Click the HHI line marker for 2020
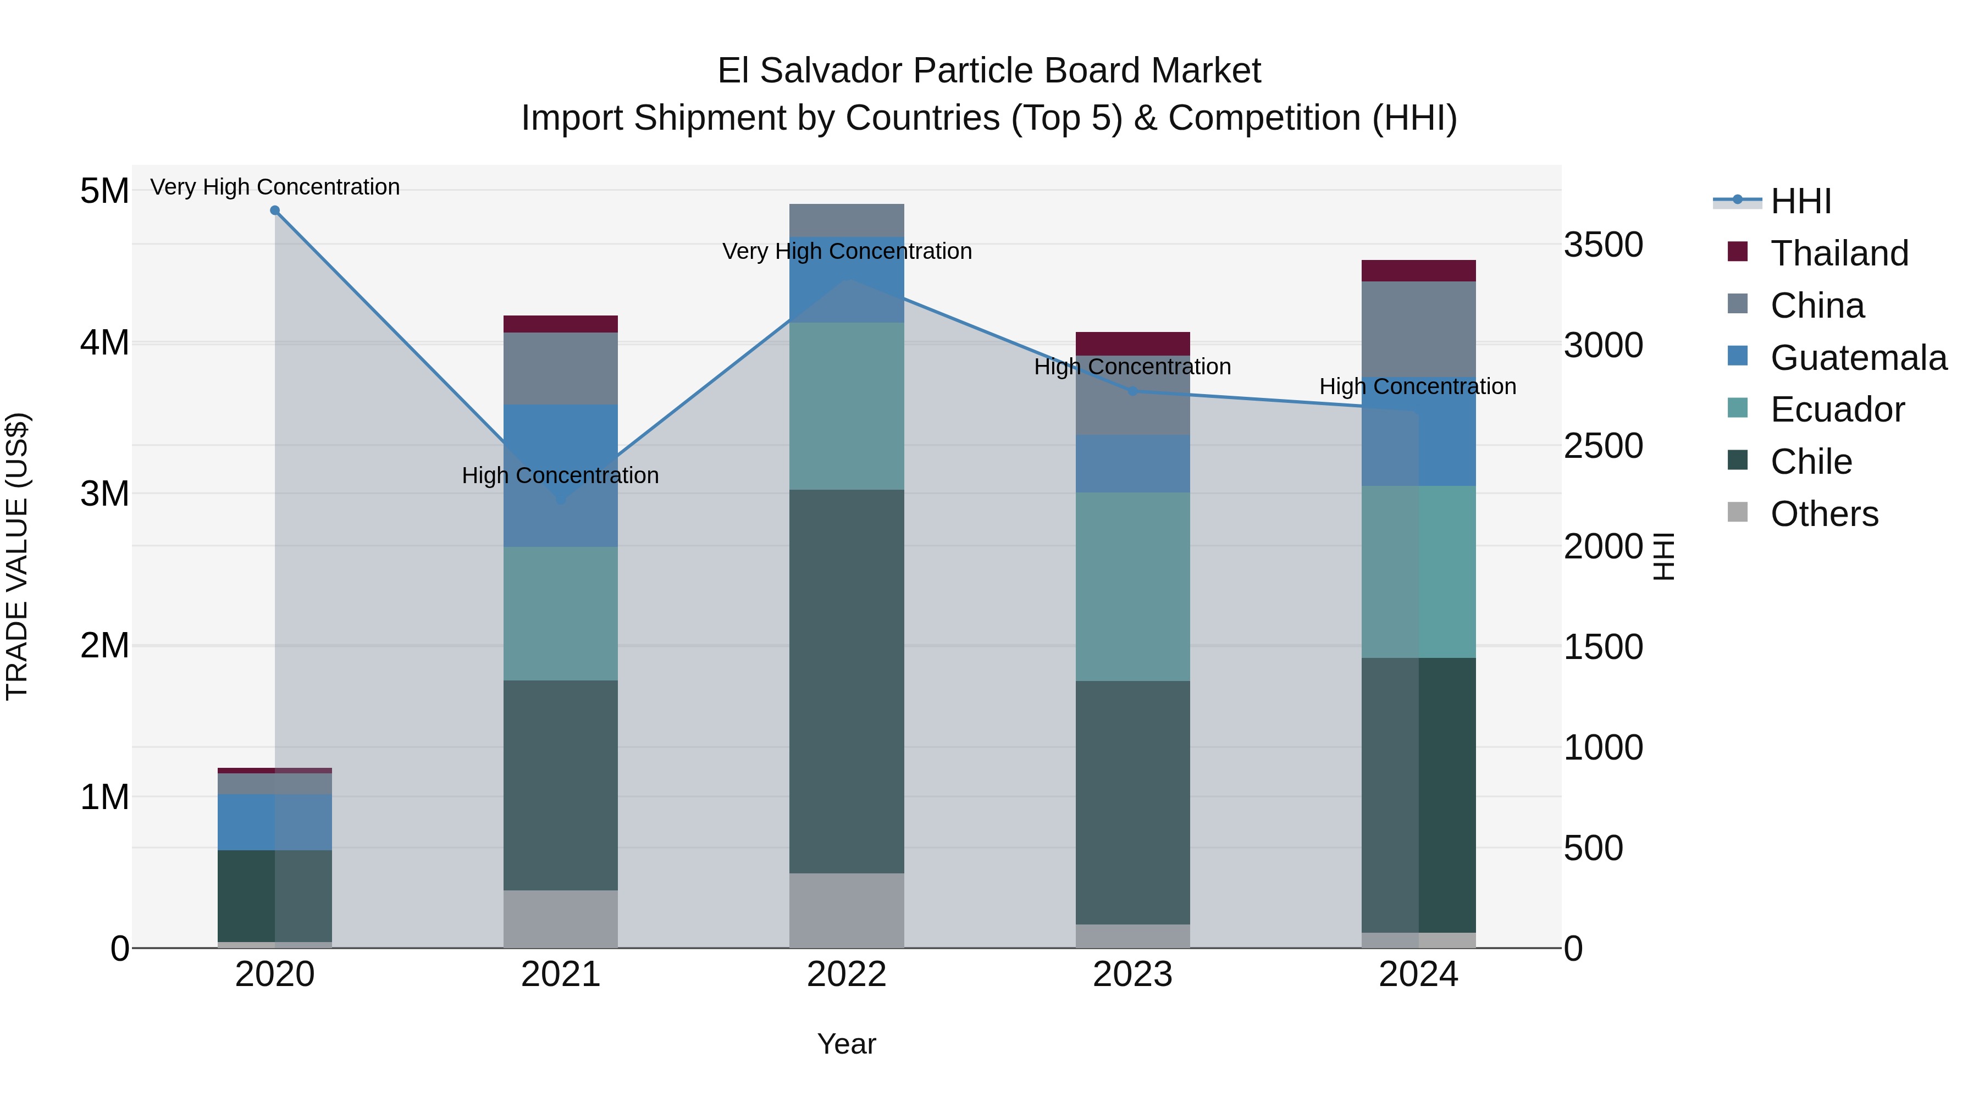click(275, 211)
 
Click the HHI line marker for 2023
click(1132, 391)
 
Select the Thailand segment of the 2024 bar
click(1418, 271)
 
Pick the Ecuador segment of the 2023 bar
click(1132, 587)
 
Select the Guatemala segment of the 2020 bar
click(275, 822)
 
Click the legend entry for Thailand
click(1838, 253)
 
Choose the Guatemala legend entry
click(1858, 358)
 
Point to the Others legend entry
click(1824, 514)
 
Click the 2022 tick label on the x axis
click(847, 974)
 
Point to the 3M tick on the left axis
click(104, 494)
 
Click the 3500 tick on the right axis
click(1604, 245)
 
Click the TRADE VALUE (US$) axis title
click(17, 556)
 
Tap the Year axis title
click(847, 1044)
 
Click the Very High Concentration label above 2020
click(275, 187)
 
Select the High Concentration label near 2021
click(560, 475)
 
